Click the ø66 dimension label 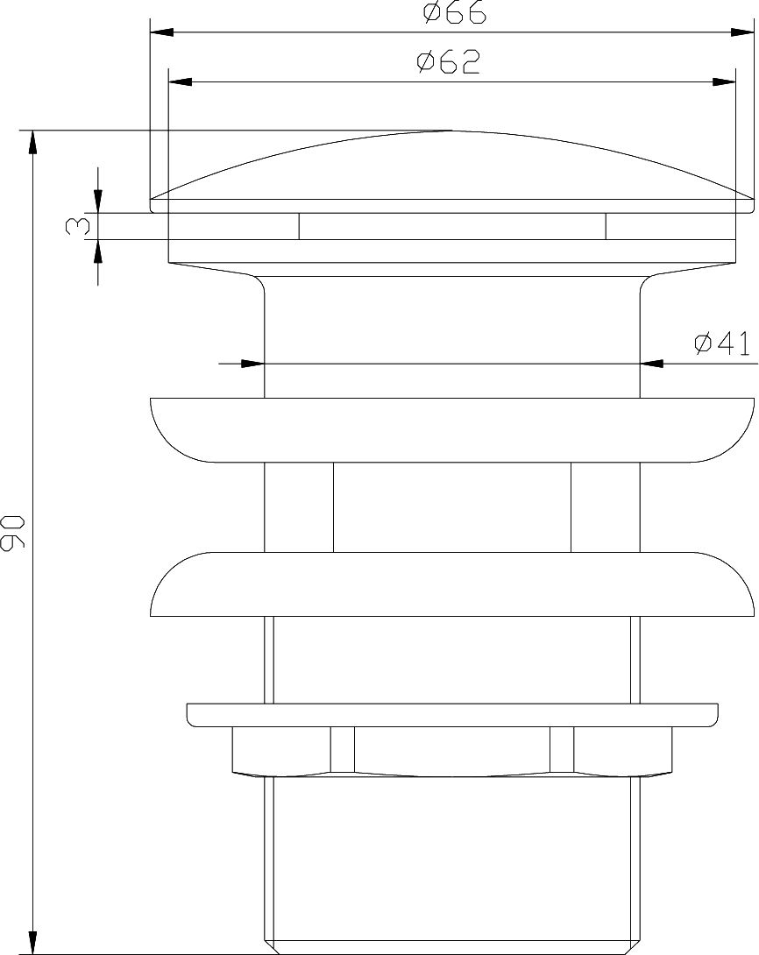click(454, 12)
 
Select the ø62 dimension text click(449, 62)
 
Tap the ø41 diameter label click(722, 343)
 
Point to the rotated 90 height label click(12, 533)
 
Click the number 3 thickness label click(77, 227)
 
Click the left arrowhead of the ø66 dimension click(162, 32)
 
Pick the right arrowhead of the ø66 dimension click(742, 32)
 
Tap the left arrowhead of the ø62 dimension click(181, 81)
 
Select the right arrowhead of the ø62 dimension click(724, 81)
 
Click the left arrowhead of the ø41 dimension click(252, 364)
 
